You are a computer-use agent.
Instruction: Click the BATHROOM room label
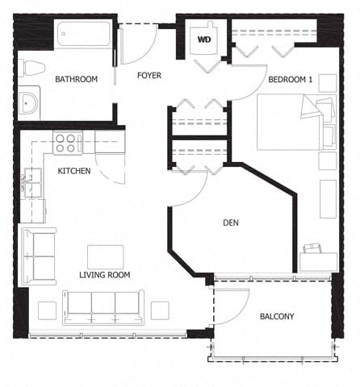pyautogui.click(x=76, y=79)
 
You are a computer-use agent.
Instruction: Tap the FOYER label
pyautogui.click(x=149, y=75)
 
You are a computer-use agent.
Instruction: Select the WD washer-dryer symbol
pyautogui.click(x=204, y=38)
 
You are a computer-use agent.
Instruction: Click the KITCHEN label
pyautogui.click(x=73, y=171)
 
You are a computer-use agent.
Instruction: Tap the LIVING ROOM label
pyautogui.click(x=104, y=275)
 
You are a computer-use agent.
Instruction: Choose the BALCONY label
pyautogui.click(x=277, y=316)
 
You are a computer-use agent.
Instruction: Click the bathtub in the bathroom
pyautogui.click(x=82, y=34)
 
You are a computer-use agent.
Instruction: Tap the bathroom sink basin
pyautogui.click(x=30, y=103)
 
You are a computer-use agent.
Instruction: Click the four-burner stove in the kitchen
pyautogui.click(x=68, y=143)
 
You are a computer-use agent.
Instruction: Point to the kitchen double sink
pyautogui.click(x=31, y=184)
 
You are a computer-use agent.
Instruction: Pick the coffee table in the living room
pyautogui.click(x=105, y=256)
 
